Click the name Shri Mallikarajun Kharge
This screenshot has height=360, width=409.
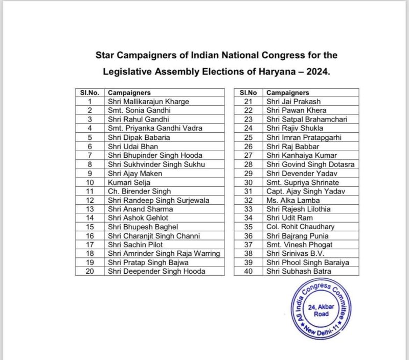click(x=148, y=102)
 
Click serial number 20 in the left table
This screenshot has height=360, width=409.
click(x=89, y=271)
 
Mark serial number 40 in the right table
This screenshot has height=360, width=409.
click(x=248, y=271)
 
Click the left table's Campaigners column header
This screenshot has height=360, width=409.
click(x=129, y=93)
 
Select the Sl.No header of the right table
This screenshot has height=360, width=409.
click(x=248, y=93)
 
